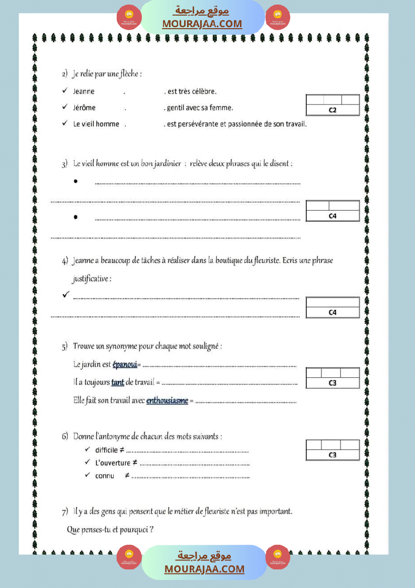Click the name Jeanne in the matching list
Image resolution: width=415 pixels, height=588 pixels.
[x=84, y=92]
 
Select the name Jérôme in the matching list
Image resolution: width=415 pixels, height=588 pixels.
[x=84, y=108]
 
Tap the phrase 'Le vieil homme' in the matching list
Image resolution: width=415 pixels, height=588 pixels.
[x=96, y=124]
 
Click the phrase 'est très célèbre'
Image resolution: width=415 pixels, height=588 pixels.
[x=192, y=92]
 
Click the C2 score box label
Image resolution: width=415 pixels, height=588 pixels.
[x=333, y=110]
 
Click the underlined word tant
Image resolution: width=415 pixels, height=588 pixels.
[x=118, y=382]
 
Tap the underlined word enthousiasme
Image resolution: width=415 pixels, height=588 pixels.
[x=167, y=400]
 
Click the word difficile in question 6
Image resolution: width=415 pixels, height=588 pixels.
[x=106, y=450]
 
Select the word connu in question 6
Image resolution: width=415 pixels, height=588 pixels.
[x=105, y=476]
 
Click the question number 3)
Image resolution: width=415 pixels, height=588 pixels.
[x=65, y=164]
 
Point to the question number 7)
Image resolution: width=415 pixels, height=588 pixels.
[x=65, y=513]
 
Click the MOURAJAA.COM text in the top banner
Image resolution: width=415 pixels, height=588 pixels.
[x=202, y=24]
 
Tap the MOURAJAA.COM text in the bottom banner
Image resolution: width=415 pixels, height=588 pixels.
[x=204, y=569]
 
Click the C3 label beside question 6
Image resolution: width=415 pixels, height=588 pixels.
[x=333, y=455]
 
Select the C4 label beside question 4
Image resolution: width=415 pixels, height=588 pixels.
[x=333, y=312]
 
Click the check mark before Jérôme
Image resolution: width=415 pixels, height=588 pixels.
[x=64, y=107]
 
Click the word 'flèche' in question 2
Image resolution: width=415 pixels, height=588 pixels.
[x=130, y=74]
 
